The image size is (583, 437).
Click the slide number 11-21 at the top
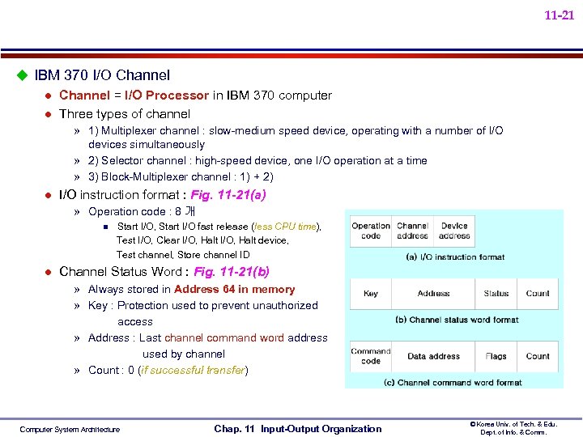(559, 15)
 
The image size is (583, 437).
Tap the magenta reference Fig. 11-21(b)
(232, 272)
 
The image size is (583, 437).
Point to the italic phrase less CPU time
(284, 227)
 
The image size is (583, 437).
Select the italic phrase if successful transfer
(193, 371)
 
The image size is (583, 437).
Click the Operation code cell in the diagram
(371, 231)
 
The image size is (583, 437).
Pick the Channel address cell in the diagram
(412, 231)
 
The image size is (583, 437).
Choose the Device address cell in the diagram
(454, 231)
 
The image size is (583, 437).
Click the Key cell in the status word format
(371, 294)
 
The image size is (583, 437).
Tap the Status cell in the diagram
(496, 294)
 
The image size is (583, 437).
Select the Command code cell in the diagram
(371, 356)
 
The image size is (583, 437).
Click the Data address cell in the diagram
(433, 356)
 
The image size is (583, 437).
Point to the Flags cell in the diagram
(496, 356)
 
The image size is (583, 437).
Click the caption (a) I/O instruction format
(454, 257)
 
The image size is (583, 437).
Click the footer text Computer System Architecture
(70, 430)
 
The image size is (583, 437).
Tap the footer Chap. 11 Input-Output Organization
(297, 429)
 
